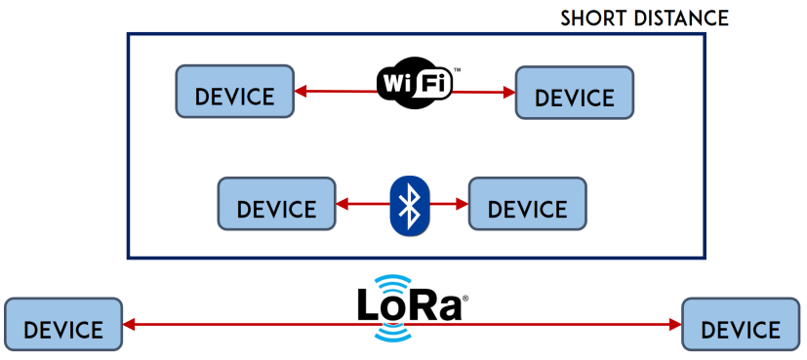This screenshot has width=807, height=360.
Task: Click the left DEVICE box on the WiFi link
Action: click(x=234, y=92)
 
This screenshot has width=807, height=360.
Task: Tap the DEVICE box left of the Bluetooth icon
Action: click(x=276, y=204)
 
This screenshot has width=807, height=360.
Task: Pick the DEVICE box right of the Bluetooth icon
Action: click(x=527, y=204)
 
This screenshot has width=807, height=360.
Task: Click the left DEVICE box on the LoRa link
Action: click(x=63, y=325)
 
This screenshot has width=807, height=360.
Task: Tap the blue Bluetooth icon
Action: click(x=411, y=205)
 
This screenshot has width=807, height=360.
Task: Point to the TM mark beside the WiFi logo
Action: click(x=457, y=71)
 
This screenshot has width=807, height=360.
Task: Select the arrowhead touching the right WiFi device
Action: click(x=508, y=93)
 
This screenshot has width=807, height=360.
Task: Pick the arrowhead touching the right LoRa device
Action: click(x=674, y=325)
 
